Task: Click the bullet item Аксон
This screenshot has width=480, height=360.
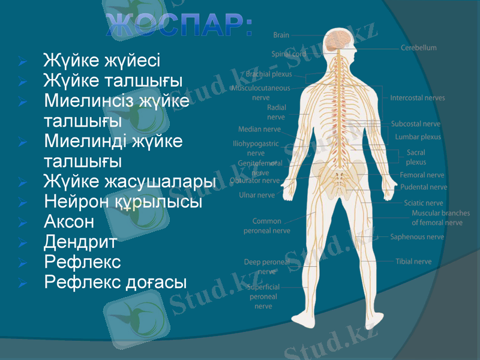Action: pyautogui.click(x=69, y=222)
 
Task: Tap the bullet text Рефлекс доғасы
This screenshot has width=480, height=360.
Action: pyautogui.click(x=115, y=281)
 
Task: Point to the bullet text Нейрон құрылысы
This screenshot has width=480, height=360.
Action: pyautogui.click(x=122, y=202)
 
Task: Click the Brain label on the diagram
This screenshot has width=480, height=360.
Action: pyautogui.click(x=281, y=35)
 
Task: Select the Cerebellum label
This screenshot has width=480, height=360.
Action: pyautogui.click(x=419, y=47)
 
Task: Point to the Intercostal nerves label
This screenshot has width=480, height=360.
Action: pyautogui.click(x=418, y=98)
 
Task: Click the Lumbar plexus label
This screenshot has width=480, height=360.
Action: pyautogui.click(x=418, y=137)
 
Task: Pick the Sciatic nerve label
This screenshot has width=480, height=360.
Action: pyautogui.click(x=424, y=203)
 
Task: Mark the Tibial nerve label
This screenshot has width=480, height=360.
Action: pyautogui.click(x=413, y=262)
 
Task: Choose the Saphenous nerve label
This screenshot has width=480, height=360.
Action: pyautogui.click(x=417, y=237)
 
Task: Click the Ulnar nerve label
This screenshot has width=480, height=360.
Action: pyautogui.click(x=257, y=195)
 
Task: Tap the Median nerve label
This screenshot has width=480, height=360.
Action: pyautogui.click(x=259, y=129)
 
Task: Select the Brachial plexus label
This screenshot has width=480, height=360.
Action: pyautogui.click(x=269, y=75)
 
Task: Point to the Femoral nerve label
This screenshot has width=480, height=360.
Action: pyautogui.click(x=422, y=175)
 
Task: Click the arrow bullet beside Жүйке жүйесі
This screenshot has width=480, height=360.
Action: pyautogui.click(x=22, y=61)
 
